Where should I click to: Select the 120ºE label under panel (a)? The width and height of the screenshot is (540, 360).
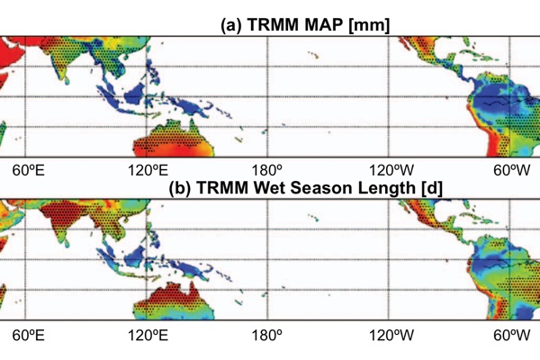pos(148,170)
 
